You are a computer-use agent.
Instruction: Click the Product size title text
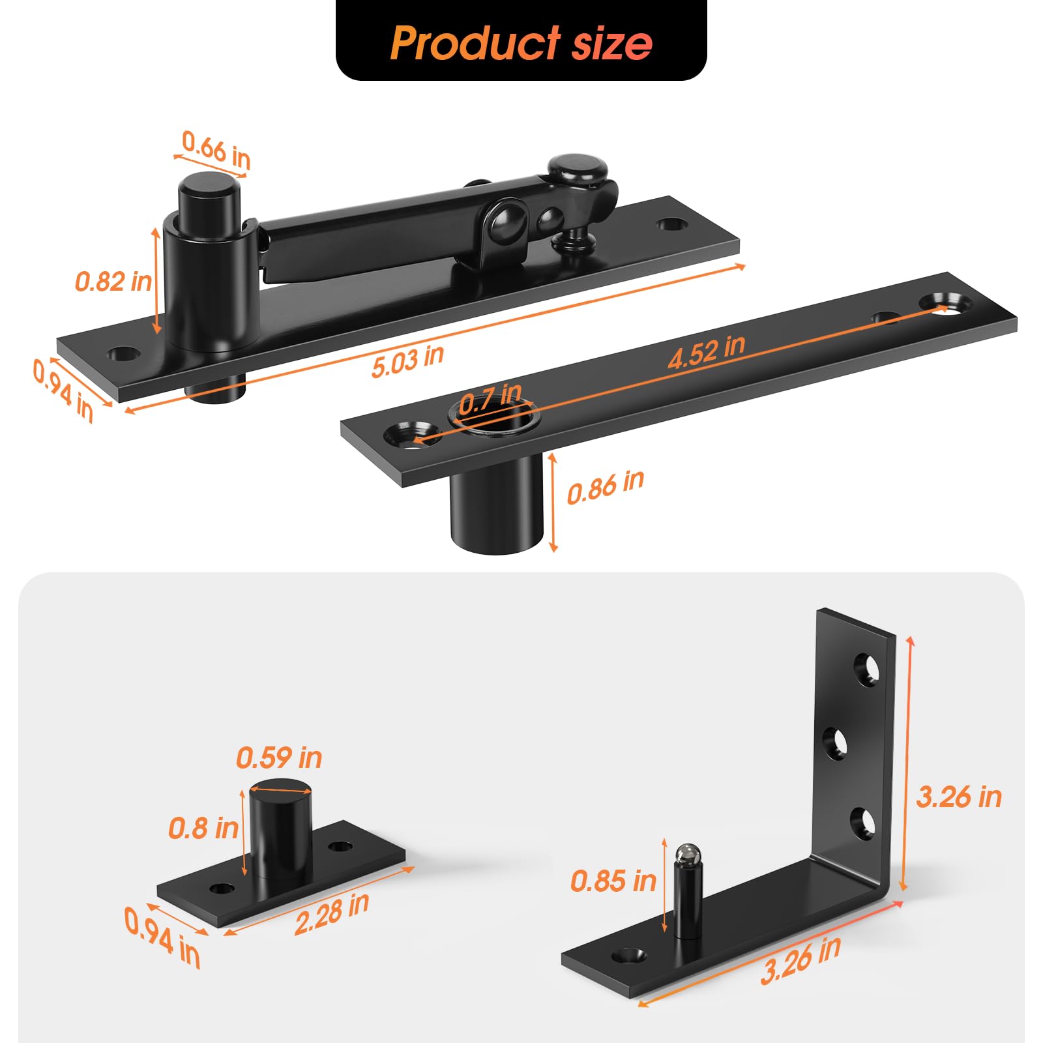point(521,43)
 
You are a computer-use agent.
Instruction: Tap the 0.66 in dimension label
point(216,149)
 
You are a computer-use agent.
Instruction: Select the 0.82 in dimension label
point(113,282)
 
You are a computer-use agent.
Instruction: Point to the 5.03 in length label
point(407,360)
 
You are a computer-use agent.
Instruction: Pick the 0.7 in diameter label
point(490,398)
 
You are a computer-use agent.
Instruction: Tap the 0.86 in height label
point(605,487)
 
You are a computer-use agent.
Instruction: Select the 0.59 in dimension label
point(279,757)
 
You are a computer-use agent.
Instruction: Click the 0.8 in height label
point(203,828)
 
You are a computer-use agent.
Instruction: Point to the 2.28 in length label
point(331,913)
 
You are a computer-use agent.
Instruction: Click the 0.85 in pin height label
point(613,881)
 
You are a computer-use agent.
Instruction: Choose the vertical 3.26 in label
point(958,797)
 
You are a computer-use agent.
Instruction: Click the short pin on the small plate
point(280,828)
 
